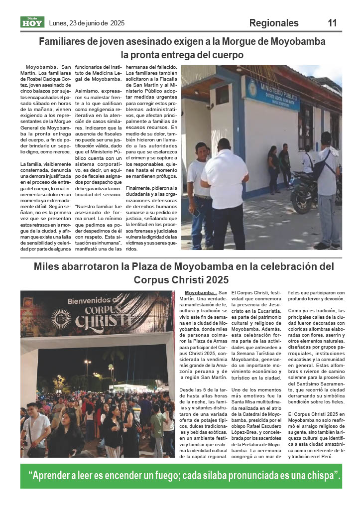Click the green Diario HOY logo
32,22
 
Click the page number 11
332,23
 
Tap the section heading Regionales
274,23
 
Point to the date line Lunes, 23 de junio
87,23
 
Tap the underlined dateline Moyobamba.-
200,293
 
